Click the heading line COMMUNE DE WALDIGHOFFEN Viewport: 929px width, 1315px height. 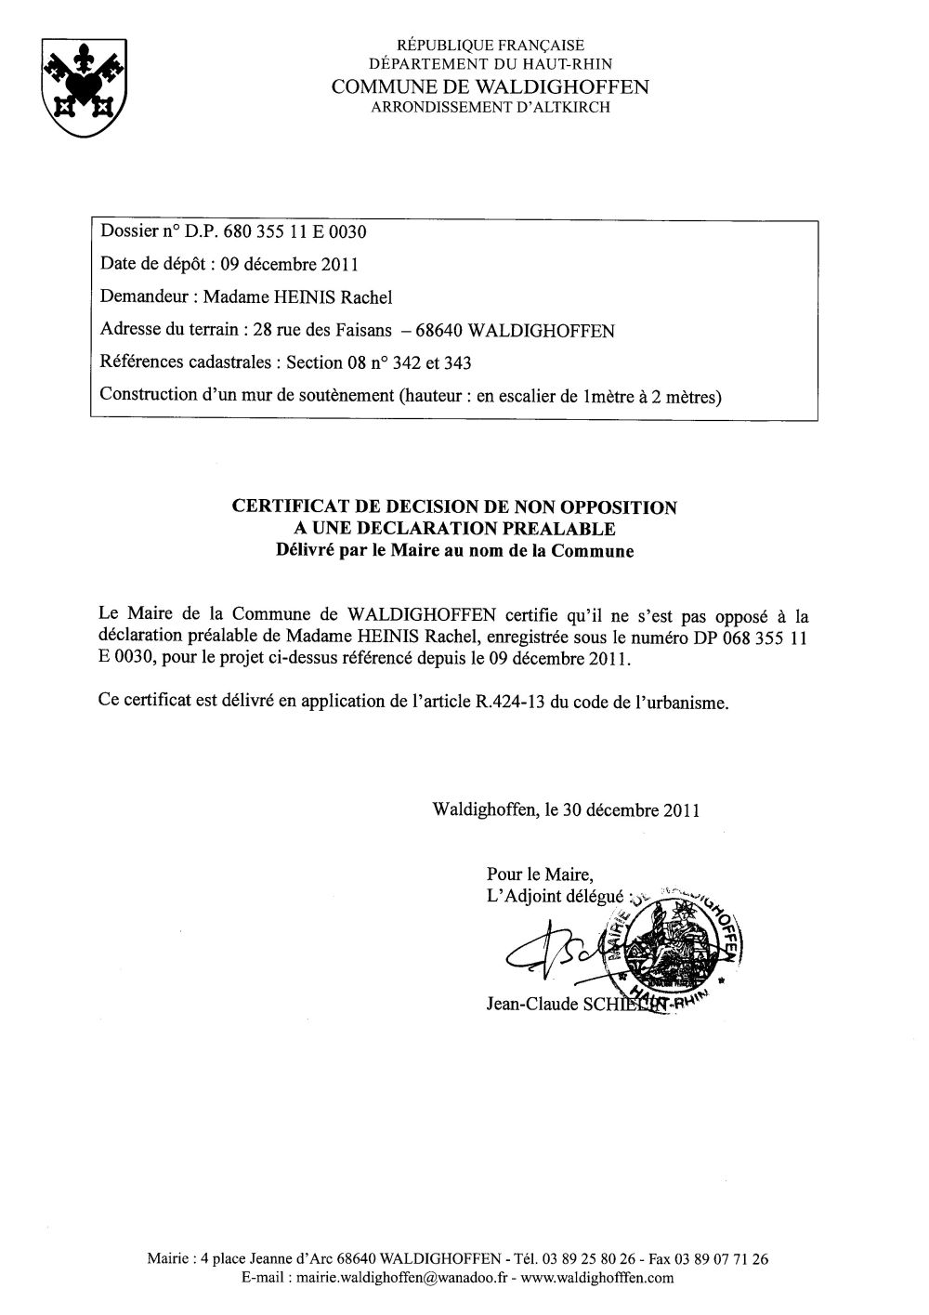[491, 86]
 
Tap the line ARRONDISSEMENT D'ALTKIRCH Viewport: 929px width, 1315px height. [491, 108]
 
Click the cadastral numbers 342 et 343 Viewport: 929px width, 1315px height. [437, 363]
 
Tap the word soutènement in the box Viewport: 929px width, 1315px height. [344, 396]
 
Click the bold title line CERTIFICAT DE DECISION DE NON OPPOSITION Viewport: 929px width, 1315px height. [454, 507]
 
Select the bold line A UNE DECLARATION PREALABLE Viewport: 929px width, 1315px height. [454, 529]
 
